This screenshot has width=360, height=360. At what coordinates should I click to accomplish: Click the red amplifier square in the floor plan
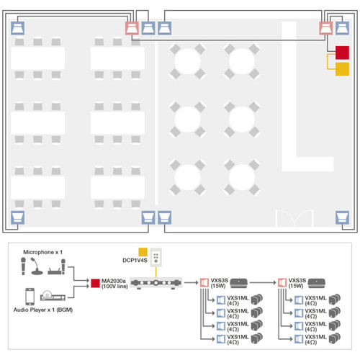[x=342, y=53]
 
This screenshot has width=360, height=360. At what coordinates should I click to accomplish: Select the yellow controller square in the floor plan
[x=342, y=69]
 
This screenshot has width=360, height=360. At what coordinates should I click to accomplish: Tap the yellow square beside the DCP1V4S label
[x=143, y=252]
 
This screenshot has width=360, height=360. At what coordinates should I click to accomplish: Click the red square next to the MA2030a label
[x=95, y=283]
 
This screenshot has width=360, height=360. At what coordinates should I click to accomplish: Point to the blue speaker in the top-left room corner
[x=17, y=28]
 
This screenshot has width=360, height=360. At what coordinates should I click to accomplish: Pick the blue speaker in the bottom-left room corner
[x=17, y=217]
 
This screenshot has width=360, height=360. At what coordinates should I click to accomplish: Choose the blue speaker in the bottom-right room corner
[x=342, y=217]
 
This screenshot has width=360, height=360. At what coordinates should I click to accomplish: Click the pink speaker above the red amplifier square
[x=326, y=28]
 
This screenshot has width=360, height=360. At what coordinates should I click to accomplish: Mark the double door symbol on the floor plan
[x=294, y=218]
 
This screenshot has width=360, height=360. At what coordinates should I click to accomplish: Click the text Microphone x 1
[x=42, y=252]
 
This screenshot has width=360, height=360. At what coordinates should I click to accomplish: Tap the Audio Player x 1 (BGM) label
[x=43, y=310]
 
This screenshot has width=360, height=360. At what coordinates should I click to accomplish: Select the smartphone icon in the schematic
[x=30, y=297]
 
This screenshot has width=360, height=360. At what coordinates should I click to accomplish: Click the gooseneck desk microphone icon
[x=37, y=266]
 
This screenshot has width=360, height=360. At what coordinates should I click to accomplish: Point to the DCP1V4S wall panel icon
[x=156, y=258]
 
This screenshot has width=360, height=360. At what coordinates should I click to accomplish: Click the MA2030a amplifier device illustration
[x=156, y=283]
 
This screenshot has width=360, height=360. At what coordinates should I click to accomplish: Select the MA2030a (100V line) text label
[x=114, y=284]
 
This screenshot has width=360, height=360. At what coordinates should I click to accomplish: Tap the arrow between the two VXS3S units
[x=263, y=283]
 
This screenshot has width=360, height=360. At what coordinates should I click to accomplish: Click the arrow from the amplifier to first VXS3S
[x=192, y=283]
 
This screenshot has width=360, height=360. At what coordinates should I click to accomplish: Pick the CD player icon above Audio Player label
[x=53, y=296]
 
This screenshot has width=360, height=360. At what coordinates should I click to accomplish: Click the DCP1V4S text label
[x=135, y=261]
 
